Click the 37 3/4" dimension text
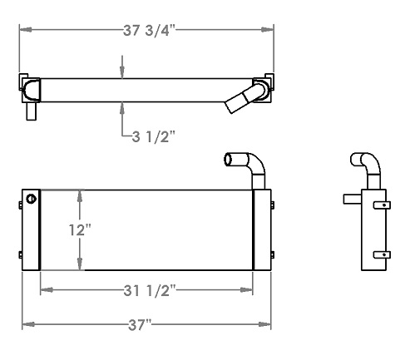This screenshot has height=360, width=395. coord(146,30)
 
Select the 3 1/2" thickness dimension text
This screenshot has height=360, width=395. coord(152,137)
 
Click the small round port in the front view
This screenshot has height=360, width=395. coord(32,198)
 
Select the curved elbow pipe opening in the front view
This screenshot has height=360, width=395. coord(230,160)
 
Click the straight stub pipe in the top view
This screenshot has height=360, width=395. coord(31,109)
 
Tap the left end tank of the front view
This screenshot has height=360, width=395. coord(31,229)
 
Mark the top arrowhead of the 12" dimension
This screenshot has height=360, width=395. coord(80,194)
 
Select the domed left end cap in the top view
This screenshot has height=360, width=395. coord(32,87)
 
